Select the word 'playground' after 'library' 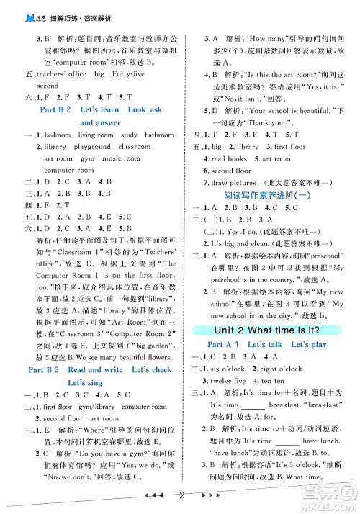pos(91,146)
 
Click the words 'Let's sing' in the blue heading pos(86,382)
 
